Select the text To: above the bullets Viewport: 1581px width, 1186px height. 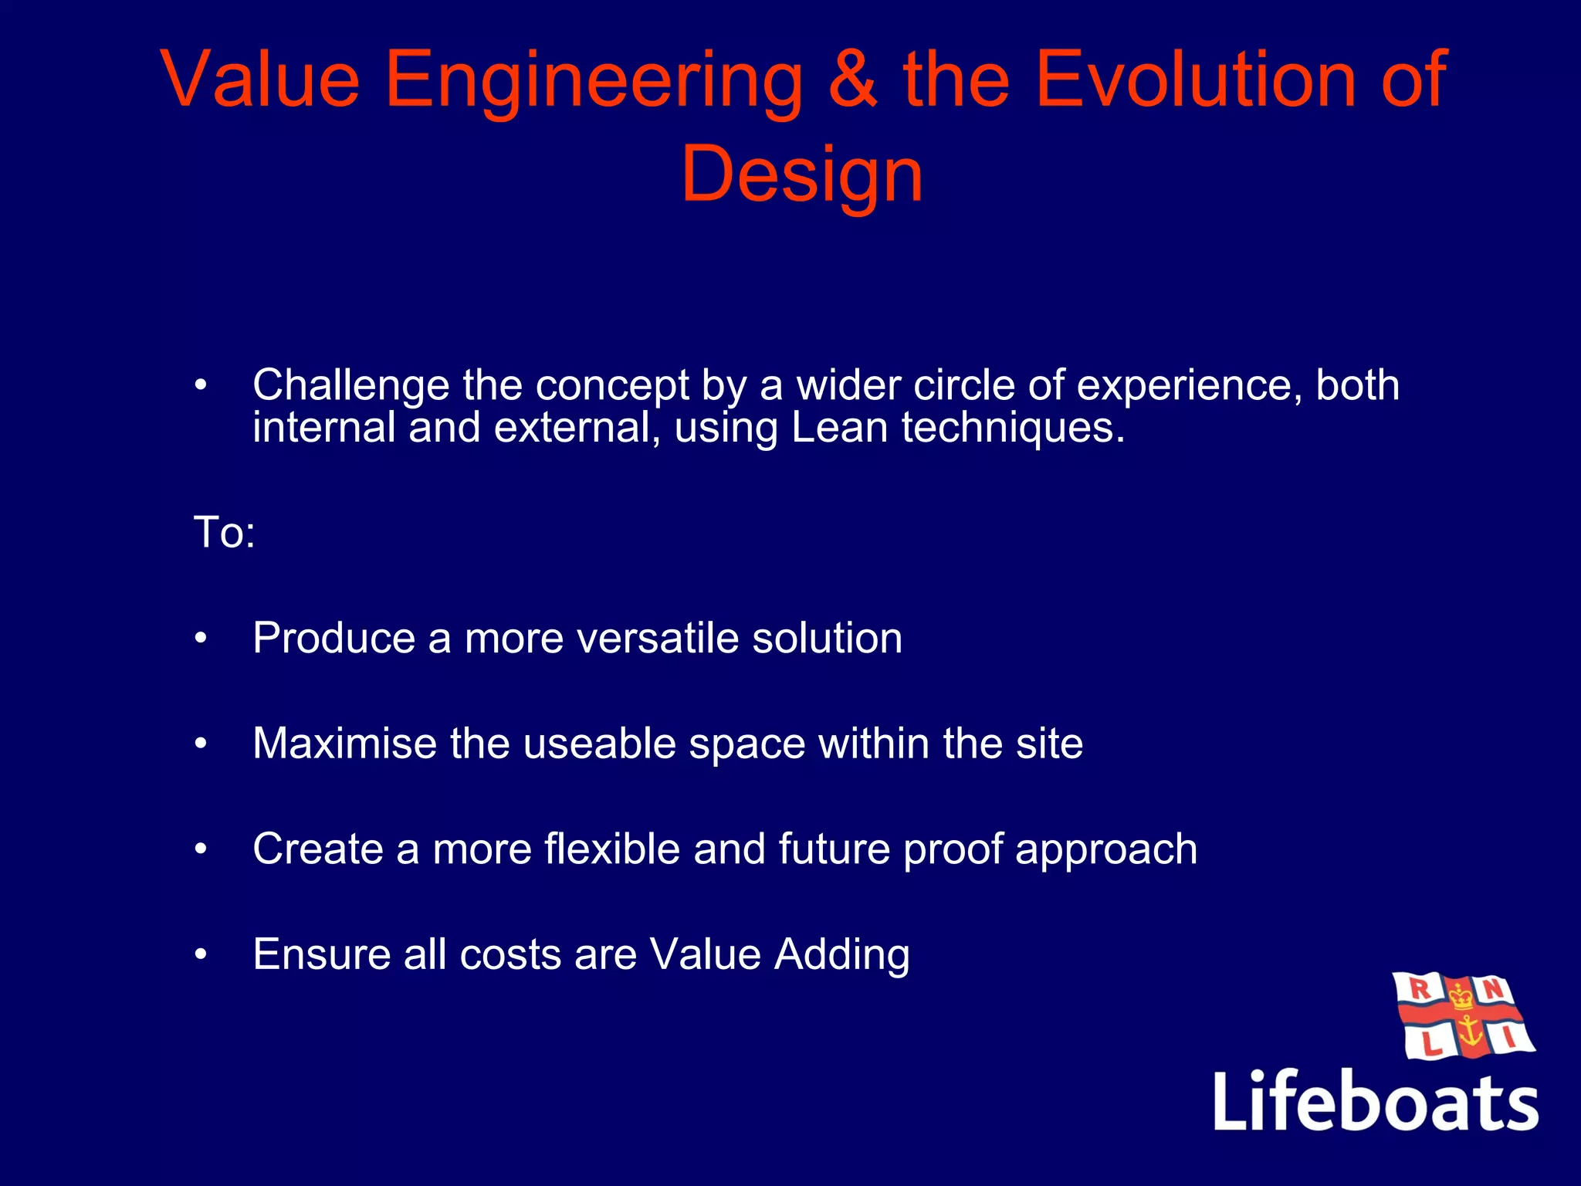pos(224,533)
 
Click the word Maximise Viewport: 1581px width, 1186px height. pos(345,744)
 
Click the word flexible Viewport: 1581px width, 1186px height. pos(611,849)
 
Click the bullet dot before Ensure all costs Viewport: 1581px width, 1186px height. pos(201,955)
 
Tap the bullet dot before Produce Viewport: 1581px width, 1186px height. pos(201,639)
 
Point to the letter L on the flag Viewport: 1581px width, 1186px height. pos(1430,1045)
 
